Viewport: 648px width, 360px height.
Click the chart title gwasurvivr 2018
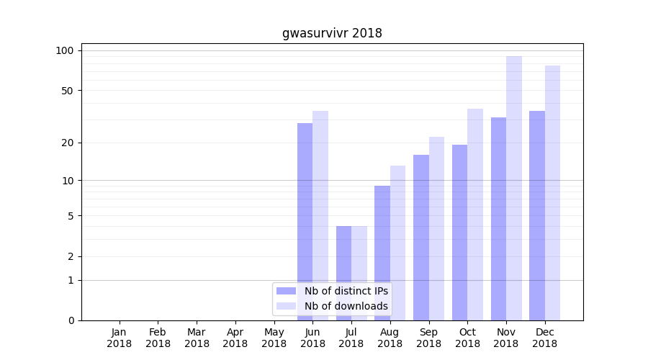(332, 33)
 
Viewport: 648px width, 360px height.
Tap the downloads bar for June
(320, 216)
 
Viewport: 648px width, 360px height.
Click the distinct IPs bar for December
(537, 216)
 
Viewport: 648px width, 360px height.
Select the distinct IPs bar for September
(421, 238)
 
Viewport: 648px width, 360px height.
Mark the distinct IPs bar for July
(343, 274)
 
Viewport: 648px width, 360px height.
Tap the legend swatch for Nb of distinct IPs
(286, 291)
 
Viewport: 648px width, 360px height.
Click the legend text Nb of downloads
(346, 306)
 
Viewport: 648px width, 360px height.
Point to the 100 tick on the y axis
(66, 50)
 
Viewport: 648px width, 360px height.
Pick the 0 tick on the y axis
(71, 320)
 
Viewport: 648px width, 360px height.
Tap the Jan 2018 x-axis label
(120, 338)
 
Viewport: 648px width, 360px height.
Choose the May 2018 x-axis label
(274, 338)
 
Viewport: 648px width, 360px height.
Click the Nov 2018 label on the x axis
(506, 338)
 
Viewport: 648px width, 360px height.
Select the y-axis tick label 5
(71, 215)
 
